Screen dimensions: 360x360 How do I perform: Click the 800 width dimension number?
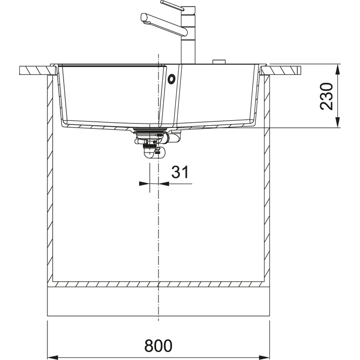pos(158,345)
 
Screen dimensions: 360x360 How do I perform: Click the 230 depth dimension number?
pos(327,96)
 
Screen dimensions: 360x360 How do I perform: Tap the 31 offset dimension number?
pos(180,172)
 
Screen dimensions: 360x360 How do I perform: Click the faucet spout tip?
pos(144,18)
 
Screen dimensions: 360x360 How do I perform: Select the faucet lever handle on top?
pos(172,5)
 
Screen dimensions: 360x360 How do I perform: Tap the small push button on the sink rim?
pos(219,62)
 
